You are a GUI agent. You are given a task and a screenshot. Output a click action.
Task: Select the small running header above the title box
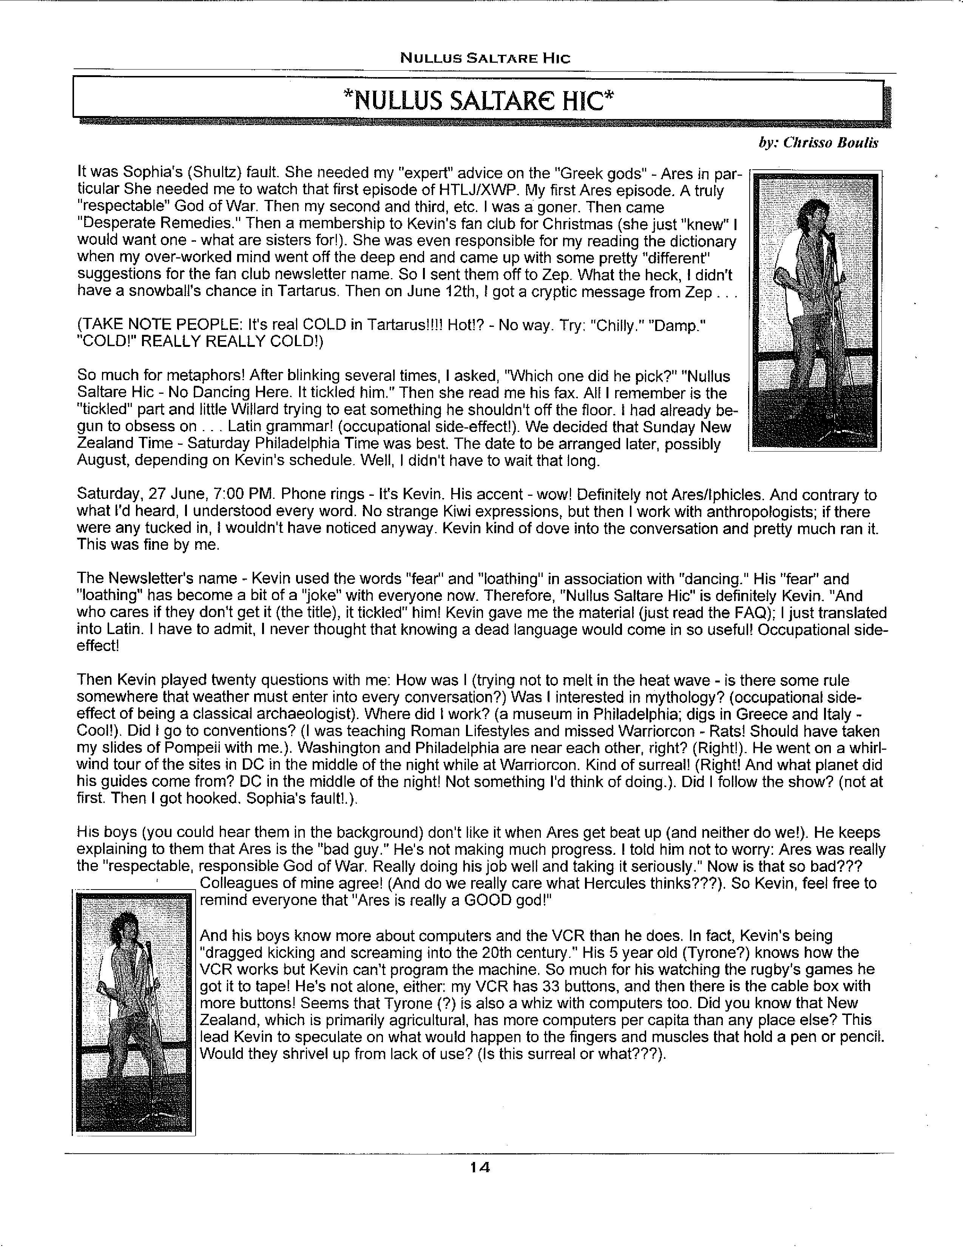coord(485,58)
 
